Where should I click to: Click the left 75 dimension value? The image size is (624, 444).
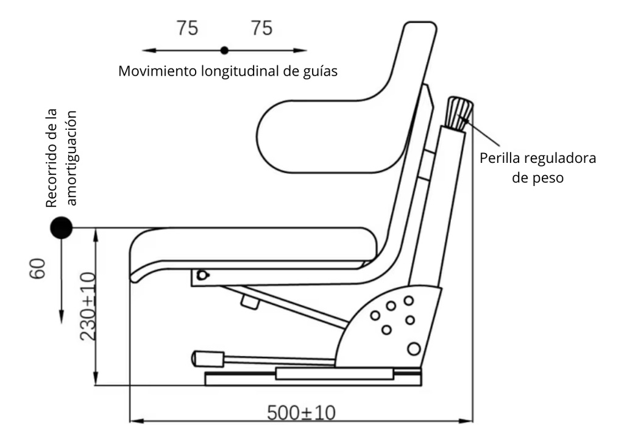pyautogui.click(x=187, y=28)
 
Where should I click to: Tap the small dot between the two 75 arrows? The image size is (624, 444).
pyautogui.click(x=224, y=50)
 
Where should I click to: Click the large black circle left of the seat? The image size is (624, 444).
pyautogui.click(x=61, y=228)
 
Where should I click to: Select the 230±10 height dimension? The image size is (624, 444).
pyautogui.click(x=88, y=306)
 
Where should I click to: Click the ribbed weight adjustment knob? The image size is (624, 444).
pyautogui.click(x=460, y=112)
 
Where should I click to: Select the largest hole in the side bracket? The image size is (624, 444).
pyautogui.click(x=414, y=349)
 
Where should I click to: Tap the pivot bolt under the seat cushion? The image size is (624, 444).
pyautogui.click(x=202, y=275)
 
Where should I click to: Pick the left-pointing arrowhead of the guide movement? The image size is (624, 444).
pyautogui.click(x=146, y=50)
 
